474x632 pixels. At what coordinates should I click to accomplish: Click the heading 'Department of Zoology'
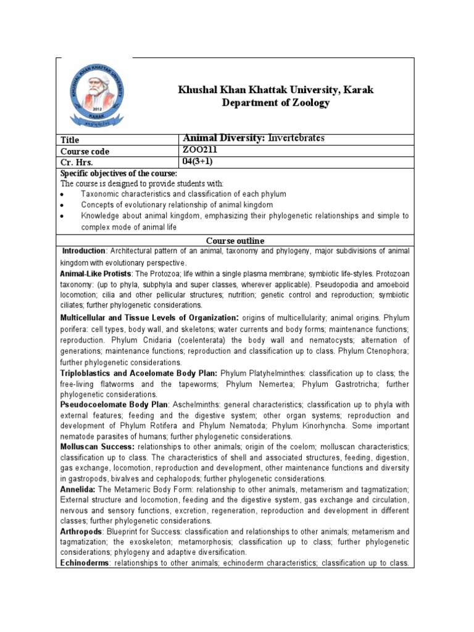point(276,103)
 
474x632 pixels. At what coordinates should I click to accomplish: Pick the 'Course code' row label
point(86,151)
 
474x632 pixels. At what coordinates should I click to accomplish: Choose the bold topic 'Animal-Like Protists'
point(96,273)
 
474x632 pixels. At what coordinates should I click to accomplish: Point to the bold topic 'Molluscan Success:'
point(98,446)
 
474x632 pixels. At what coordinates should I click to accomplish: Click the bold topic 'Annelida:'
point(79,489)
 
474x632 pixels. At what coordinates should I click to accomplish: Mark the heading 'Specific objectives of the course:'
point(118,173)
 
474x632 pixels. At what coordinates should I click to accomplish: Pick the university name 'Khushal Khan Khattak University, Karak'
point(276,90)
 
